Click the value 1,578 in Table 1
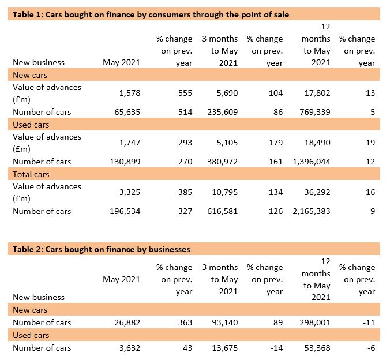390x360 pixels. pyautogui.click(x=130, y=93)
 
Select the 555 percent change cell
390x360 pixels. pyautogui.click(x=185, y=93)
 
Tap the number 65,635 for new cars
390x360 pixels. pyautogui.click(x=127, y=112)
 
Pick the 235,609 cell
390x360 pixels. pyautogui.click(x=222, y=112)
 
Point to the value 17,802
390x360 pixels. pyautogui.click(x=317, y=93)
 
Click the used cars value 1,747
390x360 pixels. pyautogui.click(x=130, y=142)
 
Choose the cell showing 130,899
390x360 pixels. pyautogui.click(x=125, y=162)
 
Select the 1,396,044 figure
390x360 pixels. pyautogui.click(x=312, y=162)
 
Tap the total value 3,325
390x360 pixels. pyautogui.click(x=130, y=192)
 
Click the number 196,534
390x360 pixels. pyautogui.click(x=125, y=211)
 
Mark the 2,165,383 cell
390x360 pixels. pyautogui.click(x=312, y=211)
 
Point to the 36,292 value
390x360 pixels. pyautogui.click(x=317, y=192)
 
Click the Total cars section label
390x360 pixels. pyautogui.click(x=31, y=174)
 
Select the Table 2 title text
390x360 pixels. pyautogui.click(x=102, y=249)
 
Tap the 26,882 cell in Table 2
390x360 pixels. pyautogui.click(x=127, y=322)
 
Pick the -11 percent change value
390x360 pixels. pyautogui.click(x=369, y=322)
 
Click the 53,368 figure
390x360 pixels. pyautogui.click(x=317, y=348)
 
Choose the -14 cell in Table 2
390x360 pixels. pyautogui.click(x=276, y=348)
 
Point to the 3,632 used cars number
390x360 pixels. pyautogui.click(x=130, y=348)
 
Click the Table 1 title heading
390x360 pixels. pyautogui.click(x=151, y=14)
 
